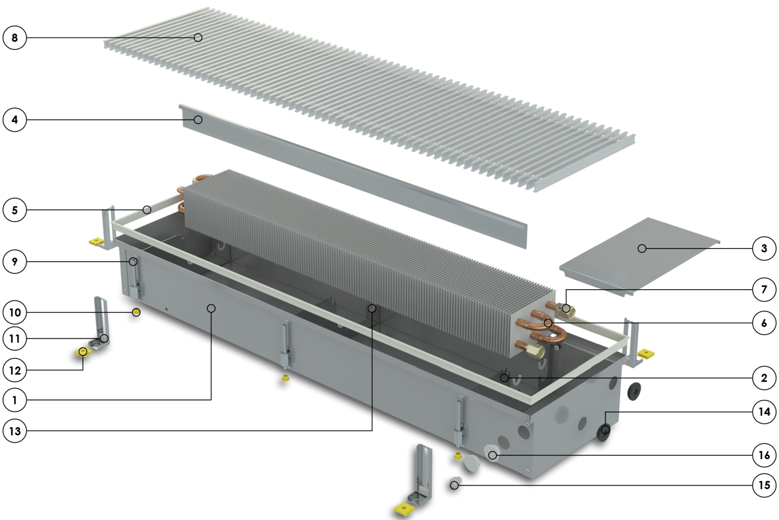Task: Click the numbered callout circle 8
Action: click(x=15, y=37)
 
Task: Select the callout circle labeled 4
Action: click(x=15, y=120)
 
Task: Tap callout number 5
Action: click(x=15, y=210)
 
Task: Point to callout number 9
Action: click(x=15, y=261)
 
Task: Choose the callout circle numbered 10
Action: click(x=15, y=312)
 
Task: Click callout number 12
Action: click(x=15, y=370)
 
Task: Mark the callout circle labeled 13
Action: click(x=15, y=431)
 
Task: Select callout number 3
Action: click(x=764, y=248)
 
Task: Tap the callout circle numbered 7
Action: click(x=764, y=289)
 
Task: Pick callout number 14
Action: click(x=764, y=412)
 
